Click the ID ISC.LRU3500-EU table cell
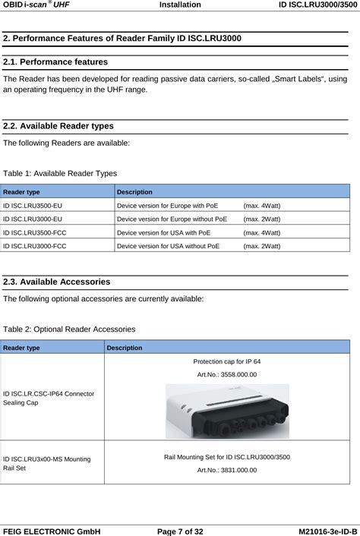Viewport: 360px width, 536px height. click(33, 205)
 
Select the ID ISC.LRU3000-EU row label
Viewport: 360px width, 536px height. click(33, 219)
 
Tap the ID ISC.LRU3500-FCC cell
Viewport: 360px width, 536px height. click(35, 232)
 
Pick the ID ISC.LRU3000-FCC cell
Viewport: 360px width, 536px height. click(35, 246)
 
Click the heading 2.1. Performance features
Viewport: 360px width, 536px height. click(55, 61)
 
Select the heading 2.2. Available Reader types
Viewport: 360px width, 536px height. click(58, 126)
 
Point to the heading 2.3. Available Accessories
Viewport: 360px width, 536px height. click(57, 282)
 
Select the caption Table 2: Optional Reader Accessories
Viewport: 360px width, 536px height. click(69, 329)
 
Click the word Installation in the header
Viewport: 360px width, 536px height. click(180, 5)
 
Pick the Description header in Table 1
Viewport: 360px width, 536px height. click(134, 192)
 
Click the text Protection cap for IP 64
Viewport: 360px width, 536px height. click(227, 361)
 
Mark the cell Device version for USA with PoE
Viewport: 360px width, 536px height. click(163, 232)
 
